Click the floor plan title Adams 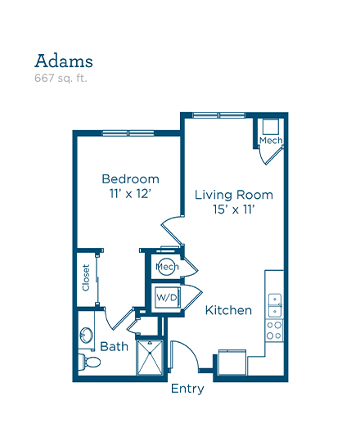64,61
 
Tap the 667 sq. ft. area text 61,79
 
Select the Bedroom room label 130,179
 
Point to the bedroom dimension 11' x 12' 130,194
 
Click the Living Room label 234,196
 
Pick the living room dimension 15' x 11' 233,209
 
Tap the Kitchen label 228,310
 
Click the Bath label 114,347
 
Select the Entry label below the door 187,389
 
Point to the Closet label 86,277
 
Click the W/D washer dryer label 167,298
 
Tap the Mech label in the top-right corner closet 271,141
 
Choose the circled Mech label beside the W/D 167,267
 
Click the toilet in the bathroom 89,362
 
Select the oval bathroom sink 86,335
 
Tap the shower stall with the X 150,358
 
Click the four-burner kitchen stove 274,331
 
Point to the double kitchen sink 275,305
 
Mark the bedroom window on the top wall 128,133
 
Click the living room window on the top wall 218,115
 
